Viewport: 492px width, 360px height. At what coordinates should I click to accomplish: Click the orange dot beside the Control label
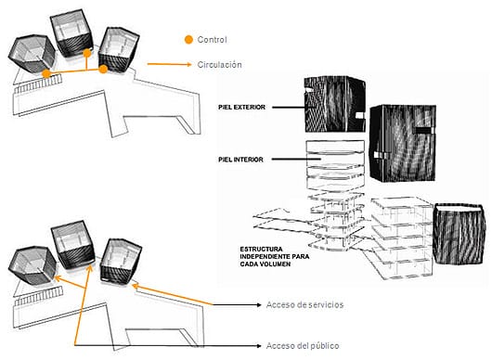tap(188, 40)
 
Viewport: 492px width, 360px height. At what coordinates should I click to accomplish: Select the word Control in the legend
tap(212, 40)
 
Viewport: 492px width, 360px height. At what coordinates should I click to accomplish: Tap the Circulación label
tap(220, 65)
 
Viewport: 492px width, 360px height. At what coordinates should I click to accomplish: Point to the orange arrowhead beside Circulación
tap(188, 64)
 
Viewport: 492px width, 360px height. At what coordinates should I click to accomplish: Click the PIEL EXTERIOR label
tap(242, 108)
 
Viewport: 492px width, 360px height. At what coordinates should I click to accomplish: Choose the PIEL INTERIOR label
tap(240, 160)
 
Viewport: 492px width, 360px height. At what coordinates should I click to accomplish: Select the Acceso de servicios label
tap(304, 304)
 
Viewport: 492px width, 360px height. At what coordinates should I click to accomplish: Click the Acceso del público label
tap(303, 345)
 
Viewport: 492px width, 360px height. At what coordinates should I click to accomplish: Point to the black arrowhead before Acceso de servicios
tap(259, 304)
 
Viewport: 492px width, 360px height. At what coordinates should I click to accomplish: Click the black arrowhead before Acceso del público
tap(259, 345)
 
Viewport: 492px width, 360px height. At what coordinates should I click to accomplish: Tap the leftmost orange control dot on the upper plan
tap(46, 73)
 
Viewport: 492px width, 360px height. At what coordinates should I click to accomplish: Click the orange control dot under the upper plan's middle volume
tap(87, 53)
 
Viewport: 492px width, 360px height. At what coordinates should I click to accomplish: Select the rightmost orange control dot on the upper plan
tap(103, 69)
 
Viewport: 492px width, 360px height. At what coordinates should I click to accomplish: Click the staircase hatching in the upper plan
tap(38, 84)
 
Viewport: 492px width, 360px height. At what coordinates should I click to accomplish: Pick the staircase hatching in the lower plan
tap(39, 296)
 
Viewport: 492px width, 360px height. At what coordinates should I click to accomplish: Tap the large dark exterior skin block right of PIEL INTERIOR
tap(403, 143)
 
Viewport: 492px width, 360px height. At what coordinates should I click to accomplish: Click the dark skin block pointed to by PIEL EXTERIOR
tap(335, 104)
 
